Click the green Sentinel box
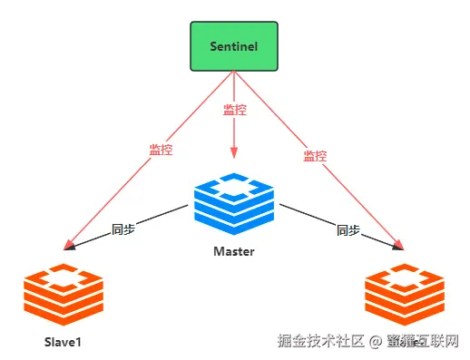234,45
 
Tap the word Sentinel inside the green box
234,45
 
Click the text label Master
234,251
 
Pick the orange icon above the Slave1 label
64,296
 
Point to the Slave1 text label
64,342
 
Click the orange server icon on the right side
405,296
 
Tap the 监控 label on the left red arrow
161,150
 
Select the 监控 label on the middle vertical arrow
234,111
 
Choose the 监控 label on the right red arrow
314,156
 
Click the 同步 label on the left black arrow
123,230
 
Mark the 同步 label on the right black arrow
348,230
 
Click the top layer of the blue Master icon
234,184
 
